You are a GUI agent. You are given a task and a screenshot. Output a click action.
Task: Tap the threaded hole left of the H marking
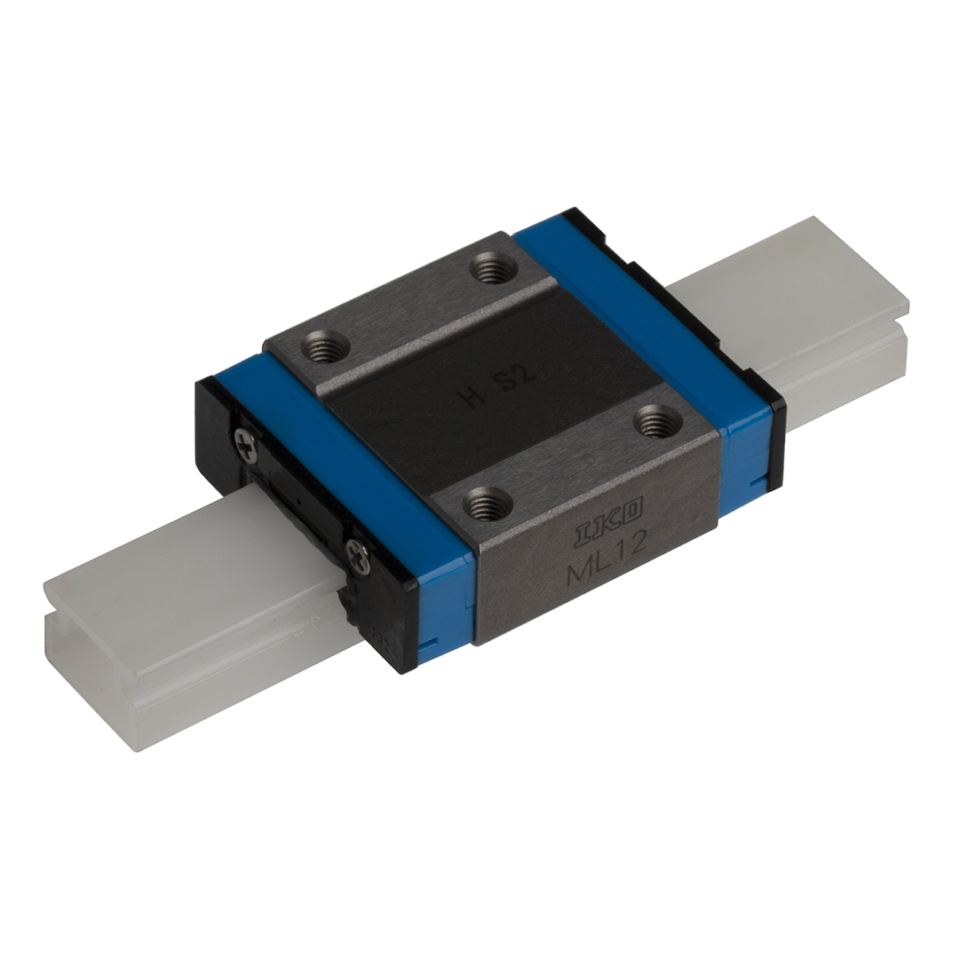[x=326, y=345]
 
